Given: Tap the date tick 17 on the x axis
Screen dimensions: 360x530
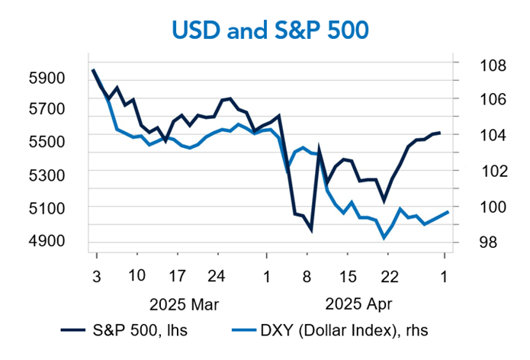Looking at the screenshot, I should pos(177,275).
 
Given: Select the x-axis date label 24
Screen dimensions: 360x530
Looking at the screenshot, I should pos(217,275).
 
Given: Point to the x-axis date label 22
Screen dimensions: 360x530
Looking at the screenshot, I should pos(389,275).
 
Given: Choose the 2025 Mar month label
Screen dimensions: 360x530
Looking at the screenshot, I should pos(183,304).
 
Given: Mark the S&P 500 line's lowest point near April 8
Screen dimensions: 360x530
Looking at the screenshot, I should pos(310,229).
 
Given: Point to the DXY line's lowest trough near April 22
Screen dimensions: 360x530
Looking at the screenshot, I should pos(384,238).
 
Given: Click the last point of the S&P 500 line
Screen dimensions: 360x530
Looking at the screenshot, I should pos(439,133).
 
